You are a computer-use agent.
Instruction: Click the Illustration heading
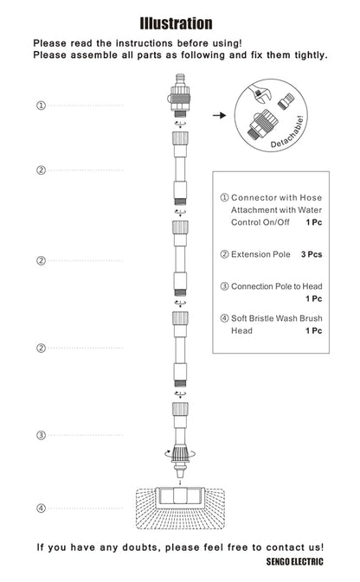coord(176,23)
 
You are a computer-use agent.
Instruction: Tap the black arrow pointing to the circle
coord(219,115)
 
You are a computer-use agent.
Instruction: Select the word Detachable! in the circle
coord(288,132)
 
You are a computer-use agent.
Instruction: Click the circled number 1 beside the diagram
coord(41,106)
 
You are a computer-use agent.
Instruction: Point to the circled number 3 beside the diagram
coord(41,435)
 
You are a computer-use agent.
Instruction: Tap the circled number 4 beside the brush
coord(41,508)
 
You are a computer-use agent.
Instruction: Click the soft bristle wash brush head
coord(180,508)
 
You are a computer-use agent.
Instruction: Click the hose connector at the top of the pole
coord(180,95)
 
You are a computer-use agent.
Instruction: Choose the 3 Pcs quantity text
coord(312,254)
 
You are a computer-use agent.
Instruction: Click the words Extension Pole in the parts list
coord(260,254)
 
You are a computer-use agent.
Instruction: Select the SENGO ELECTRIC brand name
coord(294,561)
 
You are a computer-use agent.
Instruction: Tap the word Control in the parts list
coord(246,222)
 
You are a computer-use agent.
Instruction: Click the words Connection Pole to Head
coord(276,286)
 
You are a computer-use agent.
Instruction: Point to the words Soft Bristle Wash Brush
coord(276,318)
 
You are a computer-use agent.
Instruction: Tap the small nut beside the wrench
coord(286,101)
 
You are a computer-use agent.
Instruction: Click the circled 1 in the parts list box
coord(224,197)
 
